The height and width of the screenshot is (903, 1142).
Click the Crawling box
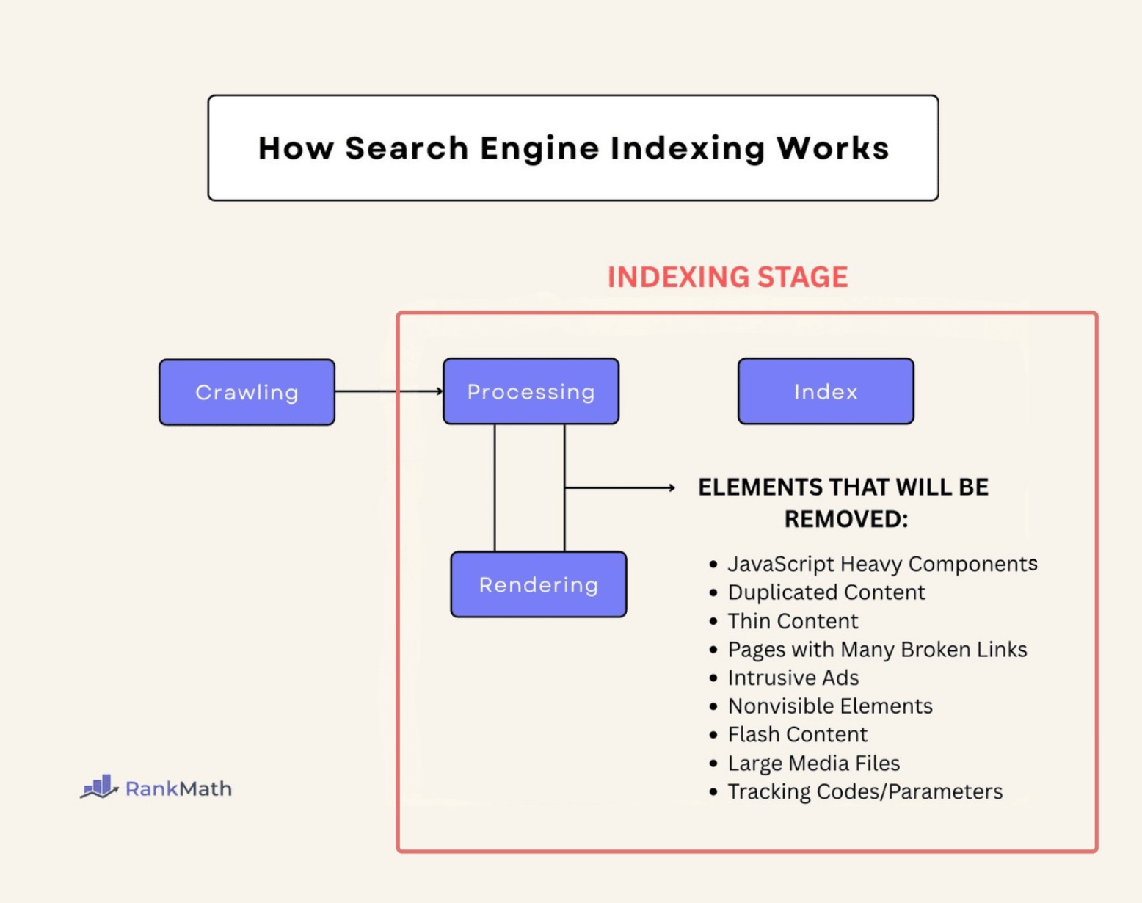tap(247, 392)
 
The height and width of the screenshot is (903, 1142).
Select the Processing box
tap(531, 391)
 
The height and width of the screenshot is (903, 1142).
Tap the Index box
tap(826, 391)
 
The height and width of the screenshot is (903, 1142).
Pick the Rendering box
tap(539, 584)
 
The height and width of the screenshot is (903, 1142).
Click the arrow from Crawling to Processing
tap(389, 391)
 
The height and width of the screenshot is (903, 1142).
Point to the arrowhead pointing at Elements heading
tap(671, 487)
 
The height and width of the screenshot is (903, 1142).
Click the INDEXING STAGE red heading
tap(727, 278)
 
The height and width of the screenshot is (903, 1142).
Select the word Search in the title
tap(407, 148)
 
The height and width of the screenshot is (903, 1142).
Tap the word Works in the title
tap(832, 148)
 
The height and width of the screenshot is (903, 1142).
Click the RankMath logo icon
tap(99, 787)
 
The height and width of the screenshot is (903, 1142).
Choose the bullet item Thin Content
tap(793, 621)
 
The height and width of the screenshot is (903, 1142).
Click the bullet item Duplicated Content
tap(826, 592)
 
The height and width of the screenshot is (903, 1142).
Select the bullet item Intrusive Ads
tap(793, 678)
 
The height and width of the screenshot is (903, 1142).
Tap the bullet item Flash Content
tap(798, 734)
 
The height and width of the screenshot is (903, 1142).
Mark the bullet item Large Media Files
tap(814, 764)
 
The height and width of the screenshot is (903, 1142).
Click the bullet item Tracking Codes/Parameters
tap(865, 791)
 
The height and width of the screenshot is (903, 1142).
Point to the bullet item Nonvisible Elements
tap(830, 706)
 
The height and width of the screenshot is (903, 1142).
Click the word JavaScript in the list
tap(781, 564)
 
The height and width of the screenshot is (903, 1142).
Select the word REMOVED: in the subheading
tap(845, 519)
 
